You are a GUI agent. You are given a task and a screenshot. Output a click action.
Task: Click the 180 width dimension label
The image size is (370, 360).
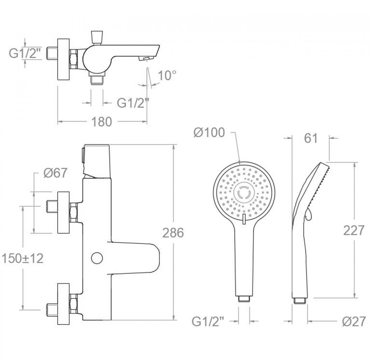tap(101, 122)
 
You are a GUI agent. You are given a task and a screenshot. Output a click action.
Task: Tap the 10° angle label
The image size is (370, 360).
tap(167, 76)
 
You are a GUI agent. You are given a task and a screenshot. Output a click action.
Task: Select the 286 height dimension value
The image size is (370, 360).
tap(173, 233)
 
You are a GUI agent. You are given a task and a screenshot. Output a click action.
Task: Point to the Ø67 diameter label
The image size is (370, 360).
tap(55, 173)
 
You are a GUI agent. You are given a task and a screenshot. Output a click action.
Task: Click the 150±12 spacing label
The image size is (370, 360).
tap(23, 259)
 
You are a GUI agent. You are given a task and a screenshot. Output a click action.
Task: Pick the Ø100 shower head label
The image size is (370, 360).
tap(209, 133)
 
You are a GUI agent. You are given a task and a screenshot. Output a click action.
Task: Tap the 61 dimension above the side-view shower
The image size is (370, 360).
tap(311, 138)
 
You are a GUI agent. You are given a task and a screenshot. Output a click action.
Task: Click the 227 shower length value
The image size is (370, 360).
tap(354, 230)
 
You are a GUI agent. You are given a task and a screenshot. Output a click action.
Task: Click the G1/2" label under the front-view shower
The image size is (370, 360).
tap(208, 321)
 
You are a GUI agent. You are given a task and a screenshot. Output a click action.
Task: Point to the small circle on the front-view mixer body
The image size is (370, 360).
tap(97, 258)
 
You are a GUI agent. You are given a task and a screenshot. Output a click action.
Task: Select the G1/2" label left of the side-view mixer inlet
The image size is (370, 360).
tap(23, 53)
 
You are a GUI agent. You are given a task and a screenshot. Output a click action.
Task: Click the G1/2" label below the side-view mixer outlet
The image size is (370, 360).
tap(133, 103)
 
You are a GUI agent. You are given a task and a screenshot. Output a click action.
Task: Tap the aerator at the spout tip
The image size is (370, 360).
tap(145, 58)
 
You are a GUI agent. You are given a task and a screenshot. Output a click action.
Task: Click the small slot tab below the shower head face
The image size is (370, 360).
tap(244, 219)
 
